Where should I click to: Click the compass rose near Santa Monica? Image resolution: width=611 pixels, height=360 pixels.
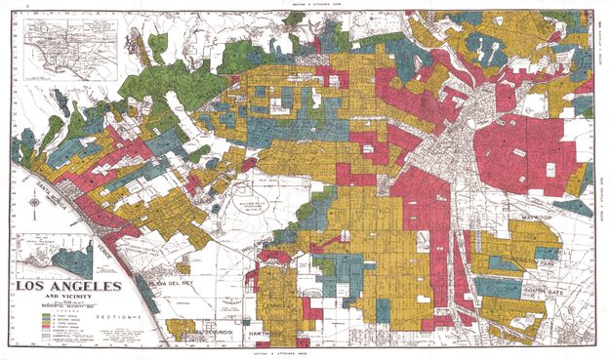35,203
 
